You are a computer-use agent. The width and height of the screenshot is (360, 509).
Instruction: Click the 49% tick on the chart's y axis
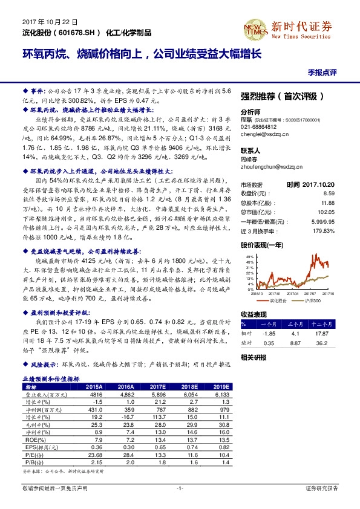[x=249, y=258]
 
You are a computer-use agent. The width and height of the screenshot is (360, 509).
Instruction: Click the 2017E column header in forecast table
[x=157, y=387]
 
